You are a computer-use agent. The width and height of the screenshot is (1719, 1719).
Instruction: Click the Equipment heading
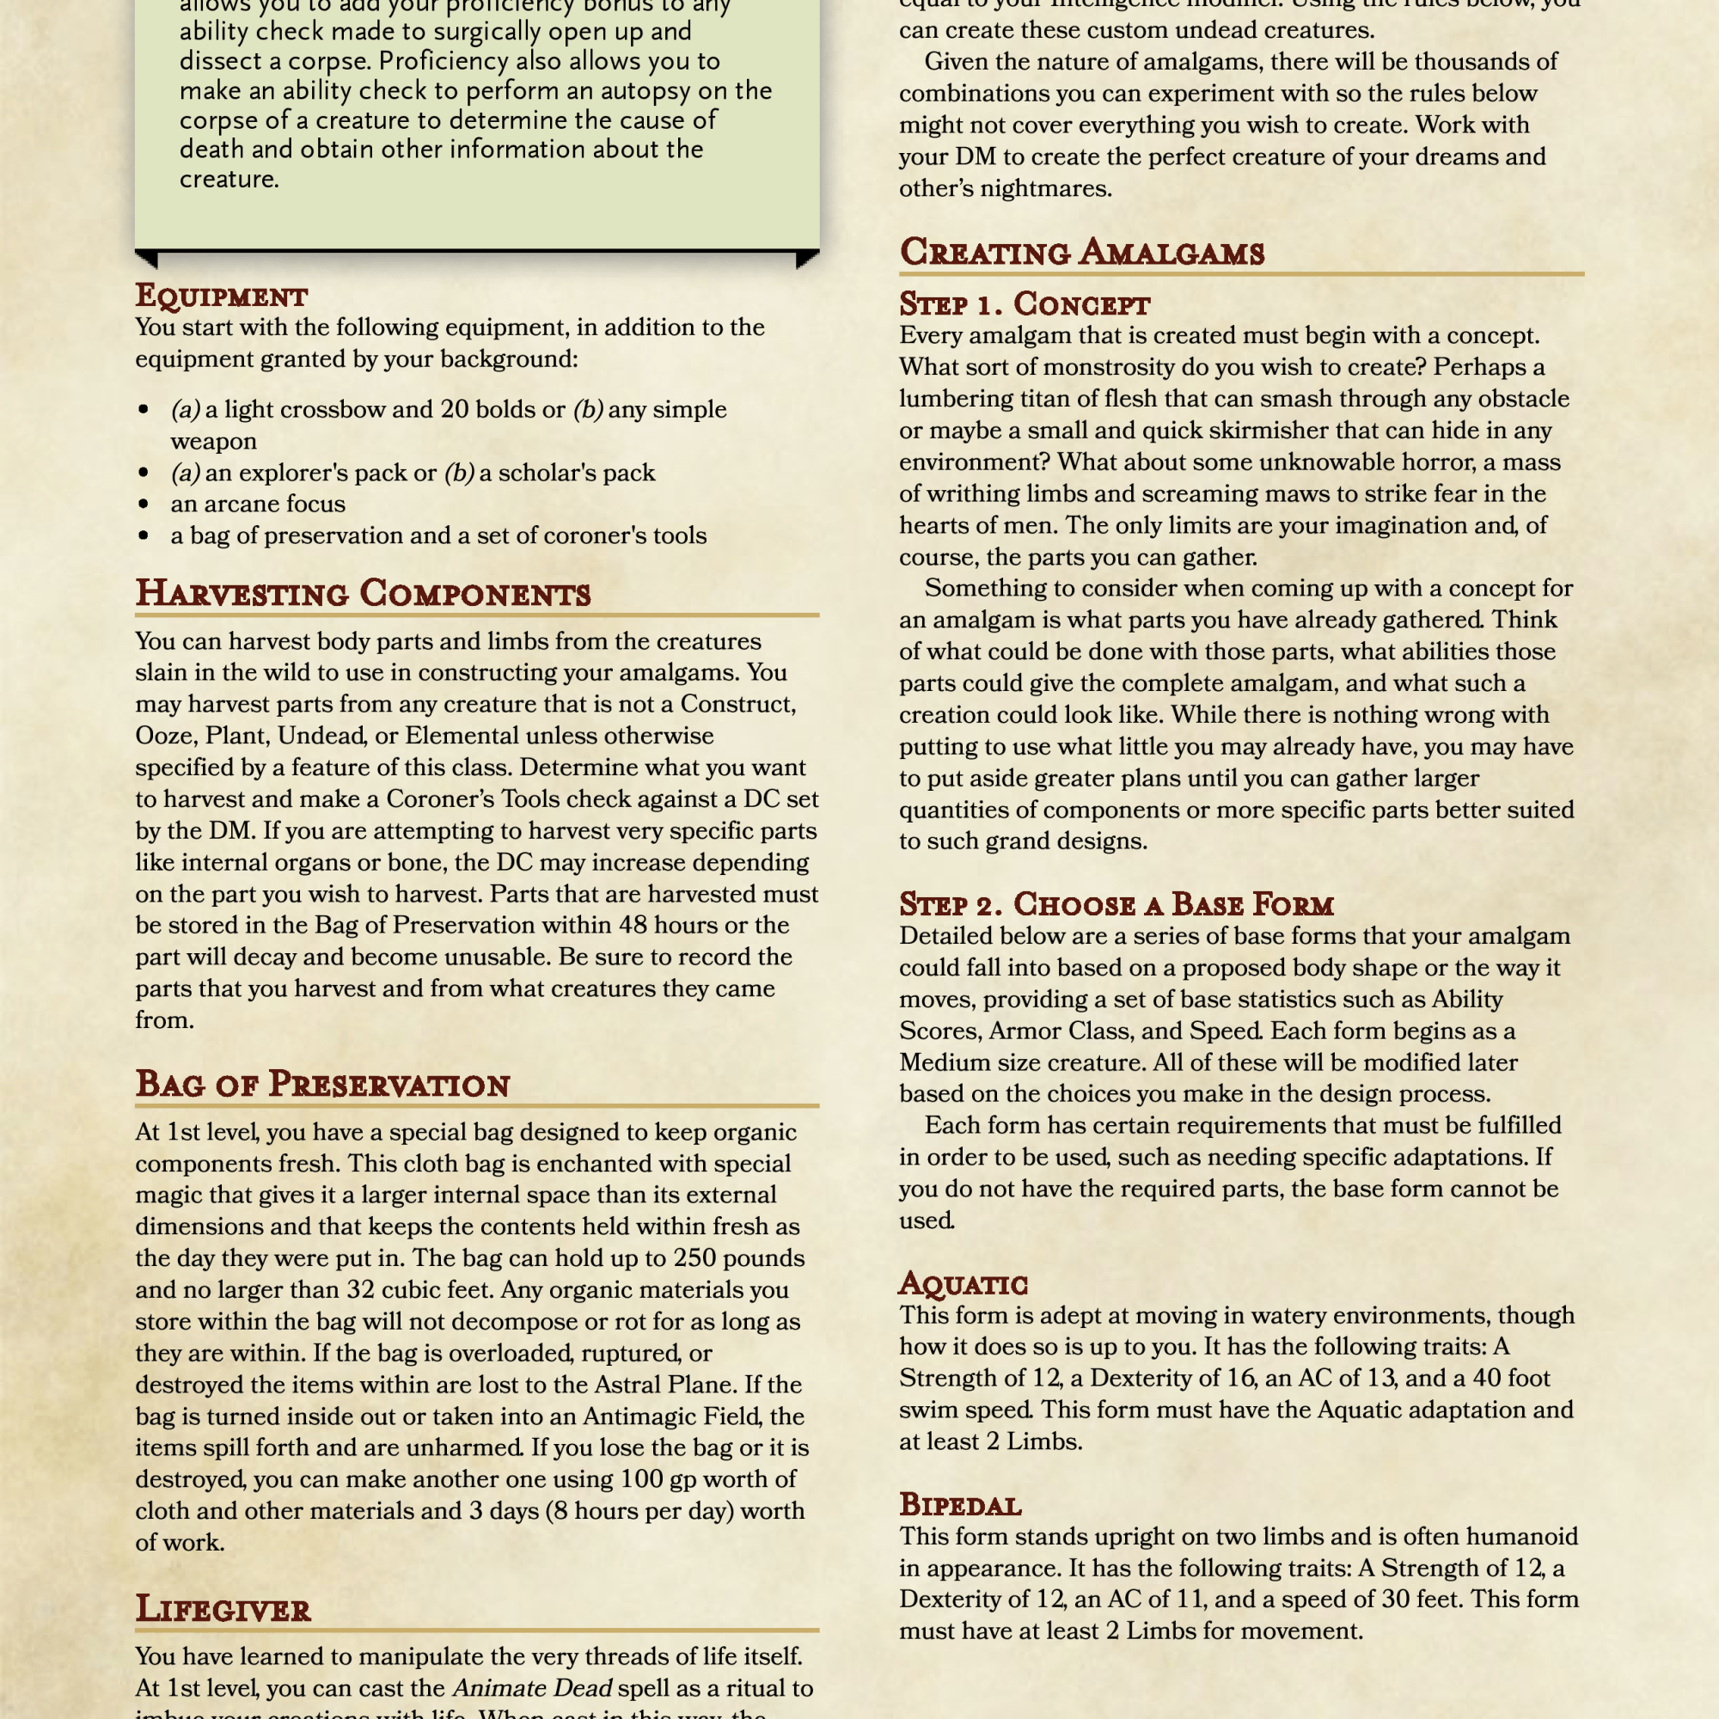coord(221,297)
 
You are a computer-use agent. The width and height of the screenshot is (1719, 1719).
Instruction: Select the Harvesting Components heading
coord(362,593)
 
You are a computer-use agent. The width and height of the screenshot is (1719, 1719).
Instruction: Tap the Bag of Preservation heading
coord(322,1085)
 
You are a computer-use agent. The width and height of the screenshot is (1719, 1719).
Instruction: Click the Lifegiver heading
coord(223,1610)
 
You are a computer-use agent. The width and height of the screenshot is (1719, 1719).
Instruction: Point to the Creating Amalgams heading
coord(1081,253)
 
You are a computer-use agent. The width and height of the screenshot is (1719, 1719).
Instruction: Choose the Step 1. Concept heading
coord(1025,304)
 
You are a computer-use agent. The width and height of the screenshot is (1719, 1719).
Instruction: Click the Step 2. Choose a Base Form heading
coord(1116,904)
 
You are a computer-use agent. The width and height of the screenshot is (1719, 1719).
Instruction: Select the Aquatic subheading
coord(963,1284)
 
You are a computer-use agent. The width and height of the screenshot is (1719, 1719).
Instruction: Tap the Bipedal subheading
coord(960,1505)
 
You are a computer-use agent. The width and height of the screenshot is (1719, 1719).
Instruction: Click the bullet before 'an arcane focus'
coord(144,505)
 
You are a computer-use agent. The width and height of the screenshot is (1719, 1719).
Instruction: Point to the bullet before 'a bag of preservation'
coord(144,536)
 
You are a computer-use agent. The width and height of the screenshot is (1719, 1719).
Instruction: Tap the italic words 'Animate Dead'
coord(532,1688)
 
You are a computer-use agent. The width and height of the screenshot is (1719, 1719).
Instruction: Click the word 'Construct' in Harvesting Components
coord(737,705)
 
